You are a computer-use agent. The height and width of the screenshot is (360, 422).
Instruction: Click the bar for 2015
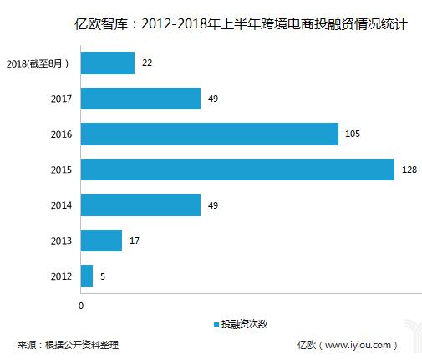[237, 170]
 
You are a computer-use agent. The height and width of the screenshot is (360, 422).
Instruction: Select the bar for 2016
[210, 134]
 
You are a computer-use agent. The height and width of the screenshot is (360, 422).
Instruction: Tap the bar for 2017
[140, 99]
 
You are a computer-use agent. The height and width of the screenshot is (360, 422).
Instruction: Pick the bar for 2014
[140, 205]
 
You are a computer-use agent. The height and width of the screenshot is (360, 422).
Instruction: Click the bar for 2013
[101, 241]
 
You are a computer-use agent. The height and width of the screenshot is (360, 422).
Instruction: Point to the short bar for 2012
[87, 276]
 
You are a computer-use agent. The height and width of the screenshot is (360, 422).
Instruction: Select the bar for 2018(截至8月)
[107, 63]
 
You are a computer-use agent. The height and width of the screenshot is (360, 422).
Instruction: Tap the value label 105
[353, 134]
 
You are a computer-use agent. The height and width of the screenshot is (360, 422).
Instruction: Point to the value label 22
[147, 63]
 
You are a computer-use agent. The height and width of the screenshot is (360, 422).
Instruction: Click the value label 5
[102, 276]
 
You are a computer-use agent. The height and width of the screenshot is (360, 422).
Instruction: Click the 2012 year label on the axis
[61, 276]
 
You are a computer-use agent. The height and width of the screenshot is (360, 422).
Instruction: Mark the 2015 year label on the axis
[61, 170]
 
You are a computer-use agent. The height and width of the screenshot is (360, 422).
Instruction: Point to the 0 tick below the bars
[81, 306]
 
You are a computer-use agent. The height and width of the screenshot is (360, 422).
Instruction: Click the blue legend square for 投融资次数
[216, 324]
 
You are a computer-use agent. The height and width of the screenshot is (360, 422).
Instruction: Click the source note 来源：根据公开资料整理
[68, 344]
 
